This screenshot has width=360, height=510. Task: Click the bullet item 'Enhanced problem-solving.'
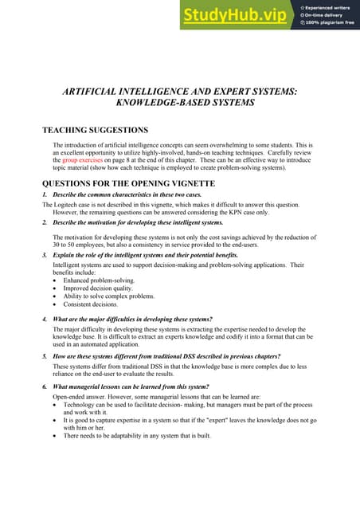(x=99, y=280)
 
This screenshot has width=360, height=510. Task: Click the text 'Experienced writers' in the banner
(x=327, y=7)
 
